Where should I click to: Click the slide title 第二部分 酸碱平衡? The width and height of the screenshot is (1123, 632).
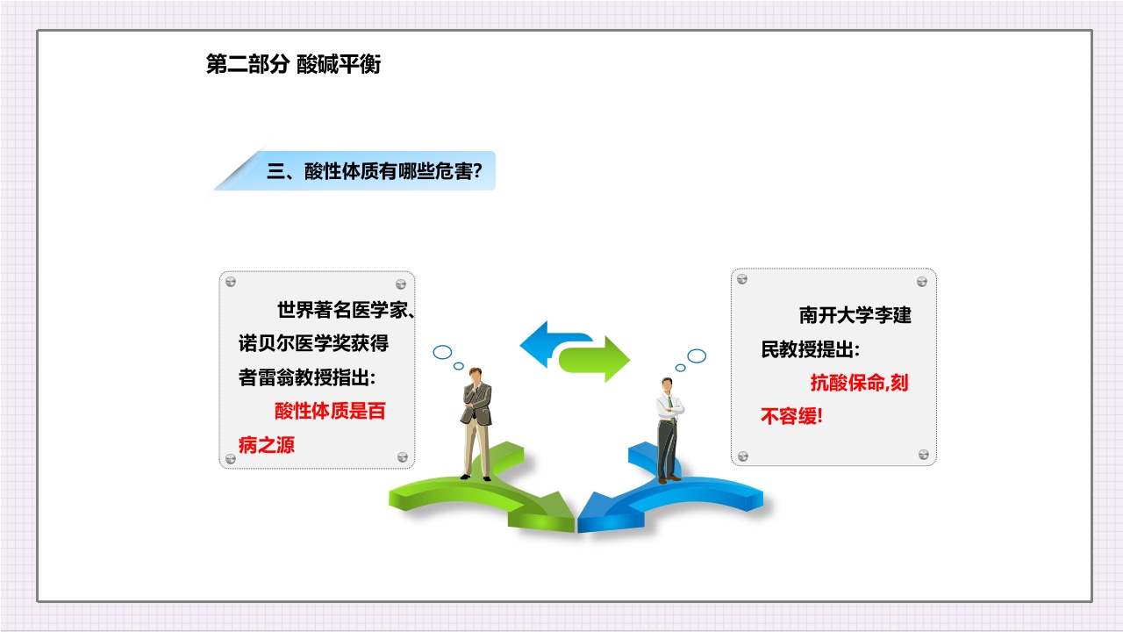pos(293,65)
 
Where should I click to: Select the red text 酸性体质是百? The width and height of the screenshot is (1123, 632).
pos(330,411)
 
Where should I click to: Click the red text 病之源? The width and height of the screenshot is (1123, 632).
pos(267,445)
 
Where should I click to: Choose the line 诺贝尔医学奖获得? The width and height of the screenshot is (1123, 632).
pos(314,343)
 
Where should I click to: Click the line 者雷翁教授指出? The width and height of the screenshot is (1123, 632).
pos(308,377)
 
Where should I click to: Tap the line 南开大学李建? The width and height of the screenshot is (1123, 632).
pos(855,314)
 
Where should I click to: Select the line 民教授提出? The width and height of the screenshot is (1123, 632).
pos(811,348)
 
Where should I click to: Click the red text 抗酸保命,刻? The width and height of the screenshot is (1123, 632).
pos(859,383)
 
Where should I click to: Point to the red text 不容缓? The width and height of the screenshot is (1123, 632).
pos(792,416)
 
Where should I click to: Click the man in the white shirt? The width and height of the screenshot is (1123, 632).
pos(669,428)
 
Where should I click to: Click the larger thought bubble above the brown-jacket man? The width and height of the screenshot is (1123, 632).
pos(442,352)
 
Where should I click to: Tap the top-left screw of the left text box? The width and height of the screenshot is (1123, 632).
pos(231,282)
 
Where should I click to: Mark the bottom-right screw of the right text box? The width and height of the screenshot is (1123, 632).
pos(923,455)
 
